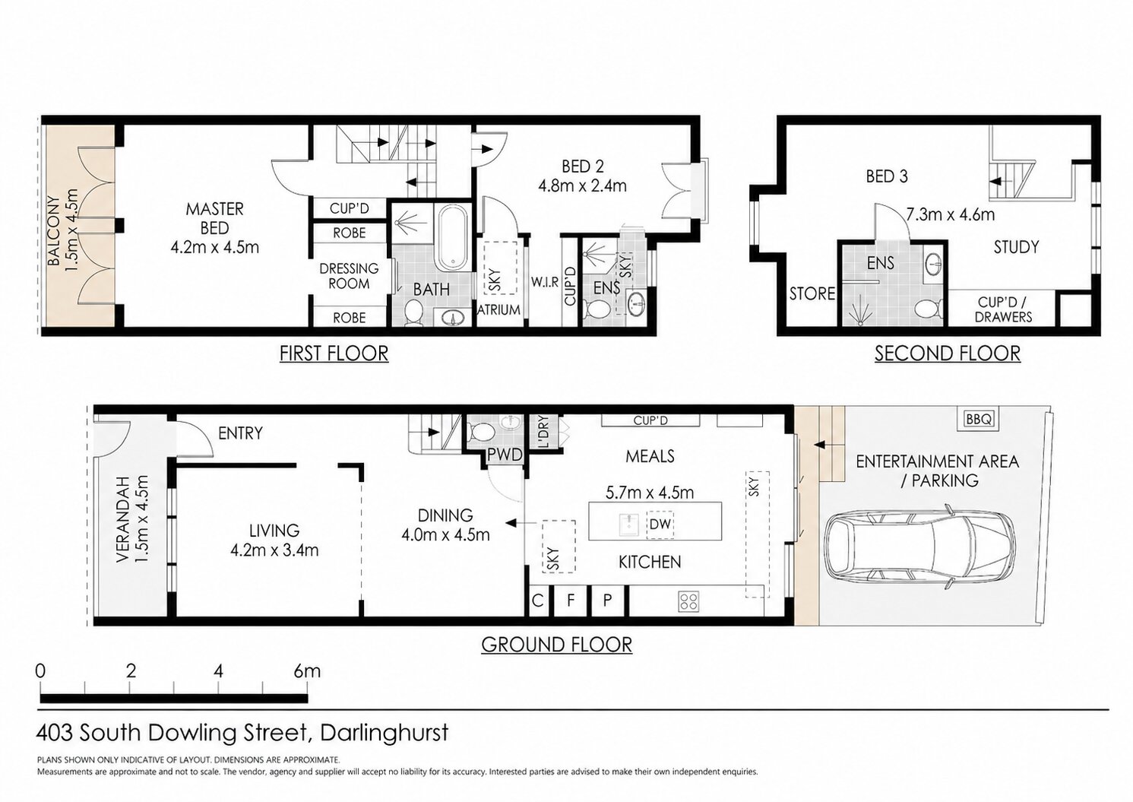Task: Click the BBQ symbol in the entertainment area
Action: click(980, 419)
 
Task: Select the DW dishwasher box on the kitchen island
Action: click(660, 524)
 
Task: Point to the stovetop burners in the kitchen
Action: click(689, 601)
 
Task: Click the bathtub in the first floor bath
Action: click(453, 237)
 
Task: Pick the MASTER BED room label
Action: click(214, 218)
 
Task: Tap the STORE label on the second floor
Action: click(812, 293)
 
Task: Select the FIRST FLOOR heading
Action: click(334, 353)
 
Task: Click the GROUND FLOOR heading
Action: click(556, 645)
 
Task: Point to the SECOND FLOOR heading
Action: click(948, 353)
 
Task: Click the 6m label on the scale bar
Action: click(306, 671)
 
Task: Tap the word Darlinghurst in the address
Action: click(384, 733)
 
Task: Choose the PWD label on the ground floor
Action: click(505, 455)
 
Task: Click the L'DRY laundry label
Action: click(543, 432)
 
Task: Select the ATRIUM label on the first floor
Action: click(498, 309)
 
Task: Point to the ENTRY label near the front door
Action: click(240, 433)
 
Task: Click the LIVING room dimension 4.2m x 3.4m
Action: click(274, 550)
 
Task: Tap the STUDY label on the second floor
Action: click(1016, 247)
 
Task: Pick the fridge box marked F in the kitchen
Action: click(571, 600)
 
